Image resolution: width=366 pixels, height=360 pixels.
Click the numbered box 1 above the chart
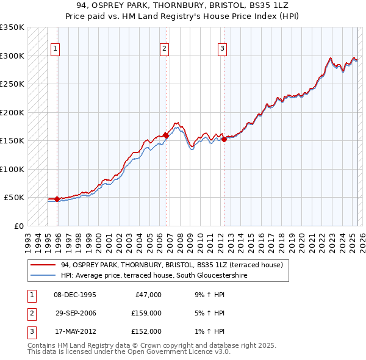[56, 49]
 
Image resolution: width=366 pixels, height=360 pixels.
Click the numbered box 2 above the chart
[165, 49]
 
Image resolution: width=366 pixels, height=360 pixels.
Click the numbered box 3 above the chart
[222, 49]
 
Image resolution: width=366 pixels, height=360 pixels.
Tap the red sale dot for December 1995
[57, 199]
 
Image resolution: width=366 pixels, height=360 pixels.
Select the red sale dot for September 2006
[165, 135]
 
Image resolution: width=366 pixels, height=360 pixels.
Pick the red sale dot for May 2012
[224, 139]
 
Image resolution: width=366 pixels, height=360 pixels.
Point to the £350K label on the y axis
[12, 27]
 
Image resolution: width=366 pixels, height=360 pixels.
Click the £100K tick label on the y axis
[12, 169]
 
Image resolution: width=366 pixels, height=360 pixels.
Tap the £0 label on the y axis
[18, 226]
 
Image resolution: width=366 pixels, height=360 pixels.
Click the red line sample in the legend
[43, 265]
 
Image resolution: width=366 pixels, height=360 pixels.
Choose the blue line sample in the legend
[43, 276]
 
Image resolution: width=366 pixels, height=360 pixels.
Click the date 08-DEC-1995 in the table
[76, 295]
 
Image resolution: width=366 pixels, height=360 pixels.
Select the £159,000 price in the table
[147, 313]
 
